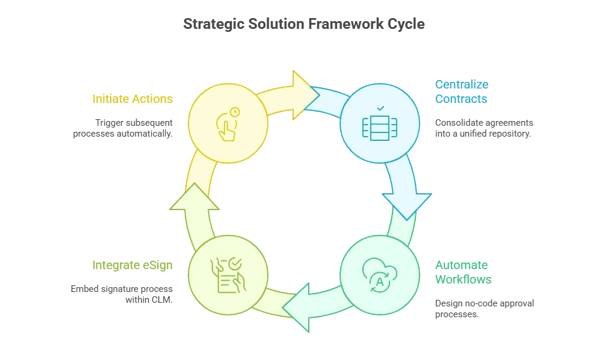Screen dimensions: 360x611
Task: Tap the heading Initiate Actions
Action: click(x=132, y=99)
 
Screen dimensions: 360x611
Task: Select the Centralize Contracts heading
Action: click(x=462, y=92)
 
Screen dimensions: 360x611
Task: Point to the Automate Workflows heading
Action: click(x=463, y=272)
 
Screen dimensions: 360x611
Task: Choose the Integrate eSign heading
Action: click(x=132, y=265)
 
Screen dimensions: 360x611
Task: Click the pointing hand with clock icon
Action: click(x=228, y=124)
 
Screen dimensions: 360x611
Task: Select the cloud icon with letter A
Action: click(x=380, y=275)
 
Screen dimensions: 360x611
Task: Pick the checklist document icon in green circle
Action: click(x=228, y=275)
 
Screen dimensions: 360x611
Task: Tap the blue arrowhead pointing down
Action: click(x=408, y=205)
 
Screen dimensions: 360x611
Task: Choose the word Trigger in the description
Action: click(x=108, y=123)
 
